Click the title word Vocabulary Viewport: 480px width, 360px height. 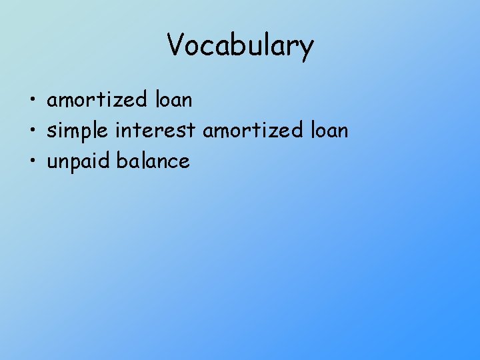(x=240, y=45)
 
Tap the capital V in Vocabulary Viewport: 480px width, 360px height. (x=175, y=45)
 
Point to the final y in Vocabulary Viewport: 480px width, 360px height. (x=306, y=48)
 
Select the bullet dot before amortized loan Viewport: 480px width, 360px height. (x=31, y=101)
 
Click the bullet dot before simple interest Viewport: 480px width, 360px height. (x=31, y=131)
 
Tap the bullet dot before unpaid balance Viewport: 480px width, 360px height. (x=31, y=162)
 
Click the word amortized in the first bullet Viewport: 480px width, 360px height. (x=97, y=101)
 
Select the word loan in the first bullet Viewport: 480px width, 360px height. (x=173, y=101)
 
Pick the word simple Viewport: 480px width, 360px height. (x=78, y=131)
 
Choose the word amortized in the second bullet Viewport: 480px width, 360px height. (x=253, y=131)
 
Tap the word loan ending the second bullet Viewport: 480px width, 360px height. (x=329, y=131)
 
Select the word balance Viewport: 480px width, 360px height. (x=153, y=161)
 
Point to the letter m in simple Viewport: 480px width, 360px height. (x=71, y=132)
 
